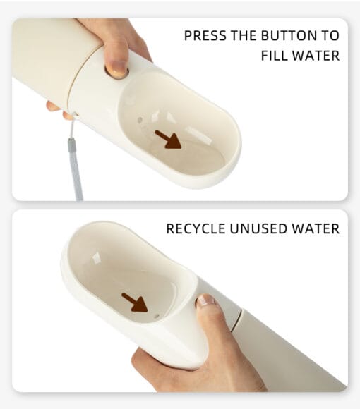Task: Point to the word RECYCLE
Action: coord(196,228)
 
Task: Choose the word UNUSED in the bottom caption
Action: coord(258,228)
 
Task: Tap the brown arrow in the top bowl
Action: coord(168,140)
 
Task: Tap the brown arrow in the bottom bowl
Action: coord(134,303)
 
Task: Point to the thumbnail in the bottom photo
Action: coord(205,300)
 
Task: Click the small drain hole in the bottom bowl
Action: coord(157,316)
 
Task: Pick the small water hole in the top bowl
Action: coord(140,121)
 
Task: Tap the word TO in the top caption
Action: coord(330,35)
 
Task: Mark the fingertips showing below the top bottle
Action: coord(57,109)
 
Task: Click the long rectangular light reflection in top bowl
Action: coord(198,135)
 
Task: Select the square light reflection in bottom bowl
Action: coord(96,257)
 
